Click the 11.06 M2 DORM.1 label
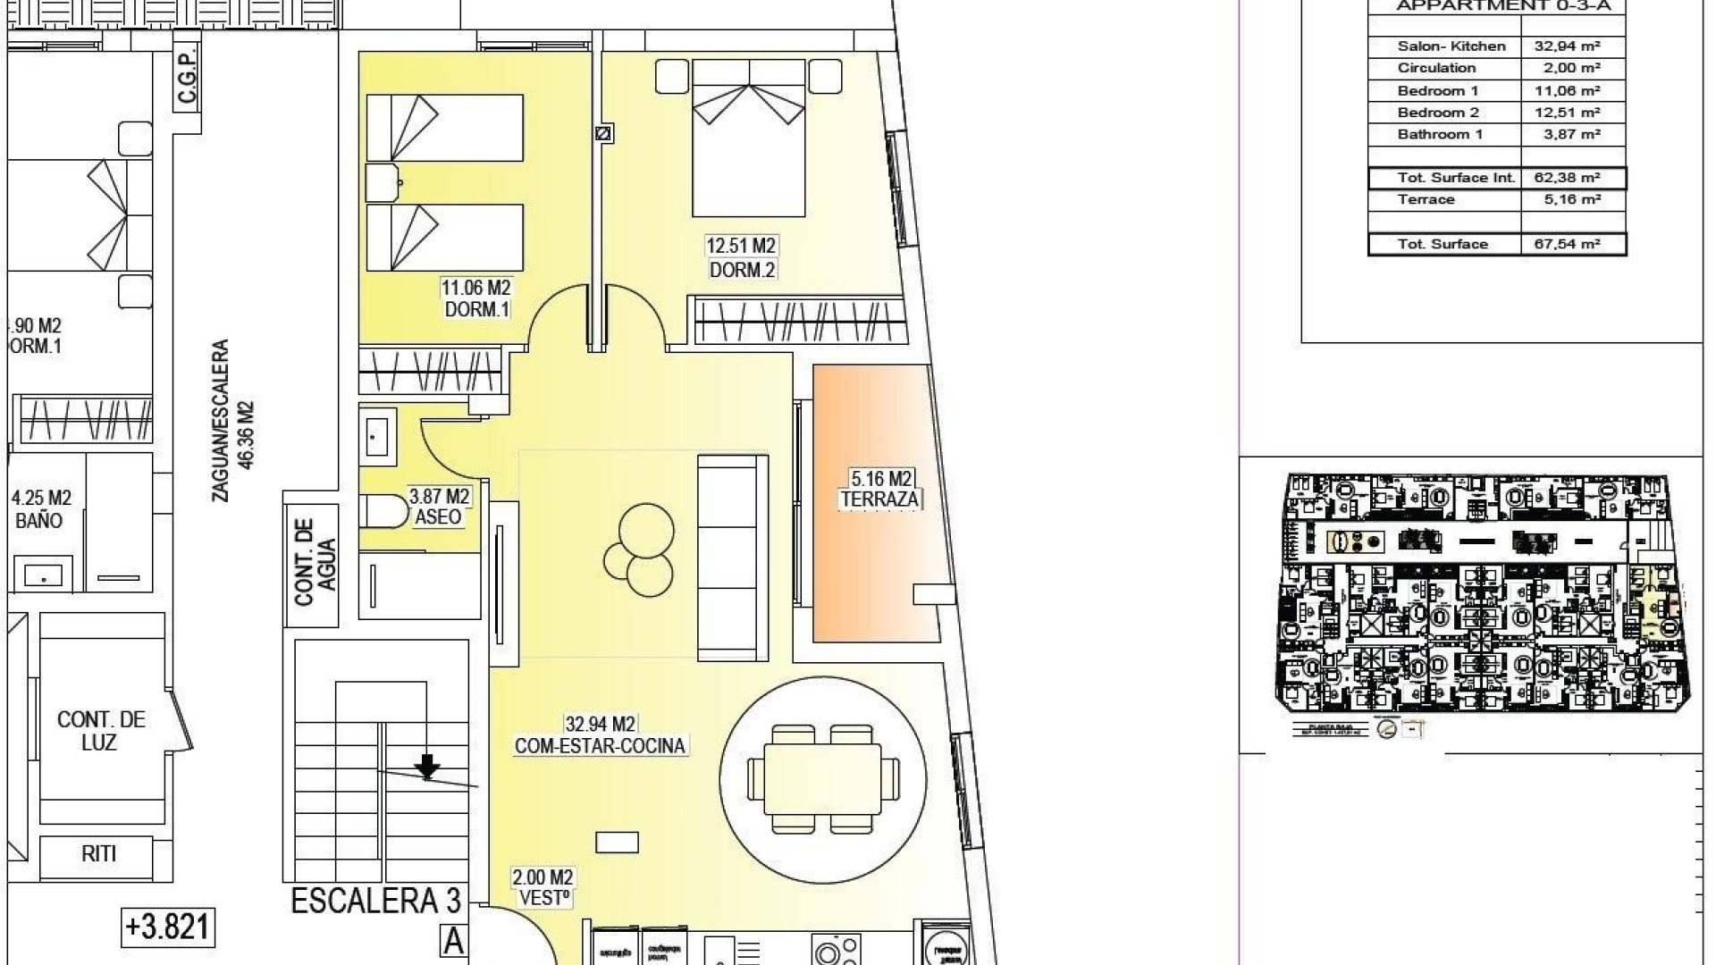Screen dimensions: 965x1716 click(475, 298)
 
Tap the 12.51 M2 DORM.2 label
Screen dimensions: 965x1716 click(741, 257)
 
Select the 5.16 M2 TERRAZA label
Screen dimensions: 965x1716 click(879, 491)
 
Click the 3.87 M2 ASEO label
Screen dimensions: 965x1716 click(439, 507)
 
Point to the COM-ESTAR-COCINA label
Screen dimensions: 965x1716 click(600, 745)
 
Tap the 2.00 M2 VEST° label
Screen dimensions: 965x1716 click(543, 888)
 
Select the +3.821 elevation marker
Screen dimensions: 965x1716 click(168, 927)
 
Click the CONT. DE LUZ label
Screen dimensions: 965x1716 click(100, 731)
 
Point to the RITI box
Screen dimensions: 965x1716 click(99, 854)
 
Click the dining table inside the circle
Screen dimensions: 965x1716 click(822, 778)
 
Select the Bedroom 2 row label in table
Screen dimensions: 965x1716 click(1438, 113)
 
